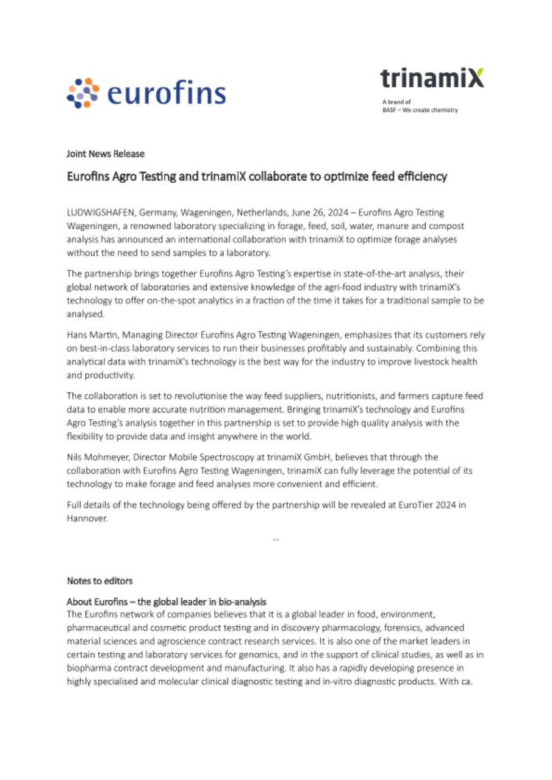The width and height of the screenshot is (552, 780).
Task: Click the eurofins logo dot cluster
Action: click(82, 93)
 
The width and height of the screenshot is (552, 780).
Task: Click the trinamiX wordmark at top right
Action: click(432, 77)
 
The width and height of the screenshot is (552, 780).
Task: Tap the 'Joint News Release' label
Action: click(106, 154)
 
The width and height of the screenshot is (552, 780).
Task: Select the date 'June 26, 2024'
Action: click(321, 213)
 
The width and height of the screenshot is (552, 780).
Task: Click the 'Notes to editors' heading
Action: click(99, 581)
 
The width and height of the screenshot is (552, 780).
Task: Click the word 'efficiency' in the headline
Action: click(419, 177)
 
